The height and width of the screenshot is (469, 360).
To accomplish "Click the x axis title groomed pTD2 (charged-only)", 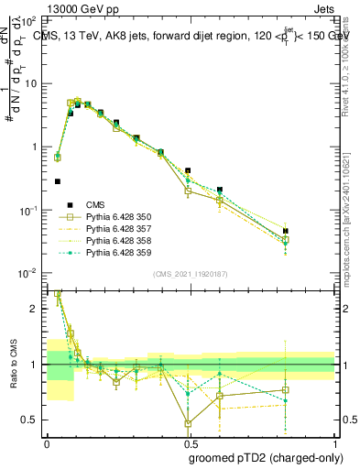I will [266, 457].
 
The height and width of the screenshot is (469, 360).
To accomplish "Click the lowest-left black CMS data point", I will [58, 181].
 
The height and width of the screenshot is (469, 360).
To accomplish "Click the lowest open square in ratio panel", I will [188, 424].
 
